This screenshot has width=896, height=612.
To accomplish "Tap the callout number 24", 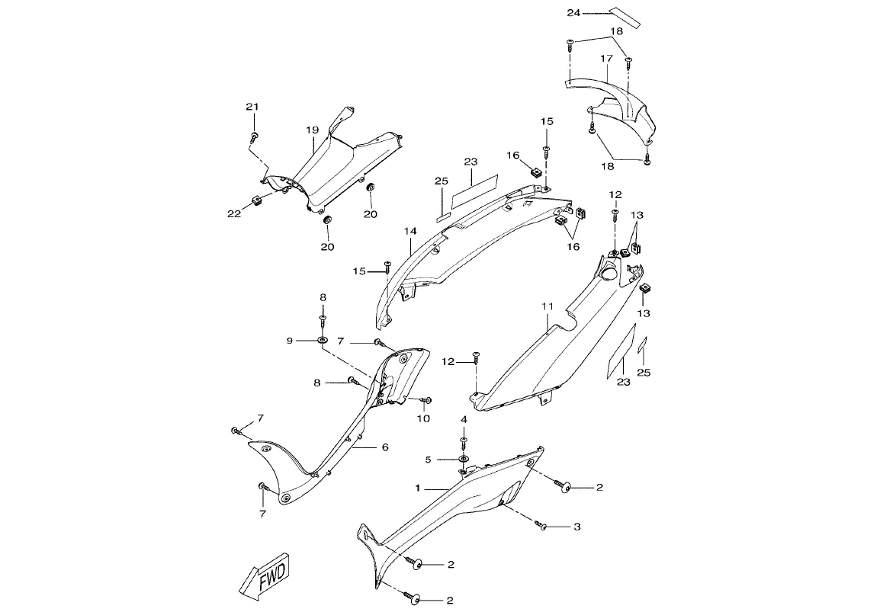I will (x=573, y=13).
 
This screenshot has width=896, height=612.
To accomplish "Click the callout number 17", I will (x=606, y=58).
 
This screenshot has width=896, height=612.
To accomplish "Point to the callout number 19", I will (x=312, y=130).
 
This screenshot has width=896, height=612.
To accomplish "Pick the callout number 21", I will (x=252, y=107).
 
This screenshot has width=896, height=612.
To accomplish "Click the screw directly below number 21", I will (x=254, y=137).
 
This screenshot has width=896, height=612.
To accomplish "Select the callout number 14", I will (x=410, y=229).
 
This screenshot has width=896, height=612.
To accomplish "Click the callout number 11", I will (x=547, y=307).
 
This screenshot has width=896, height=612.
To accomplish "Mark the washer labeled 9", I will (x=323, y=339).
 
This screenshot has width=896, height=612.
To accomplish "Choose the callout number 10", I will (x=423, y=418).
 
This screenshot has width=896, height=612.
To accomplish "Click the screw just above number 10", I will (x=428, y=400).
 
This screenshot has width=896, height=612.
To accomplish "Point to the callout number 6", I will (x=384, y=447).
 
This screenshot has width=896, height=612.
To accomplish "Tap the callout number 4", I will (x=464, y=420).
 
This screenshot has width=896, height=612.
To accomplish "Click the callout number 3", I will (x=577, y=527).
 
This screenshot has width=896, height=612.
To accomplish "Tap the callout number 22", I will (x=234, y=213).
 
